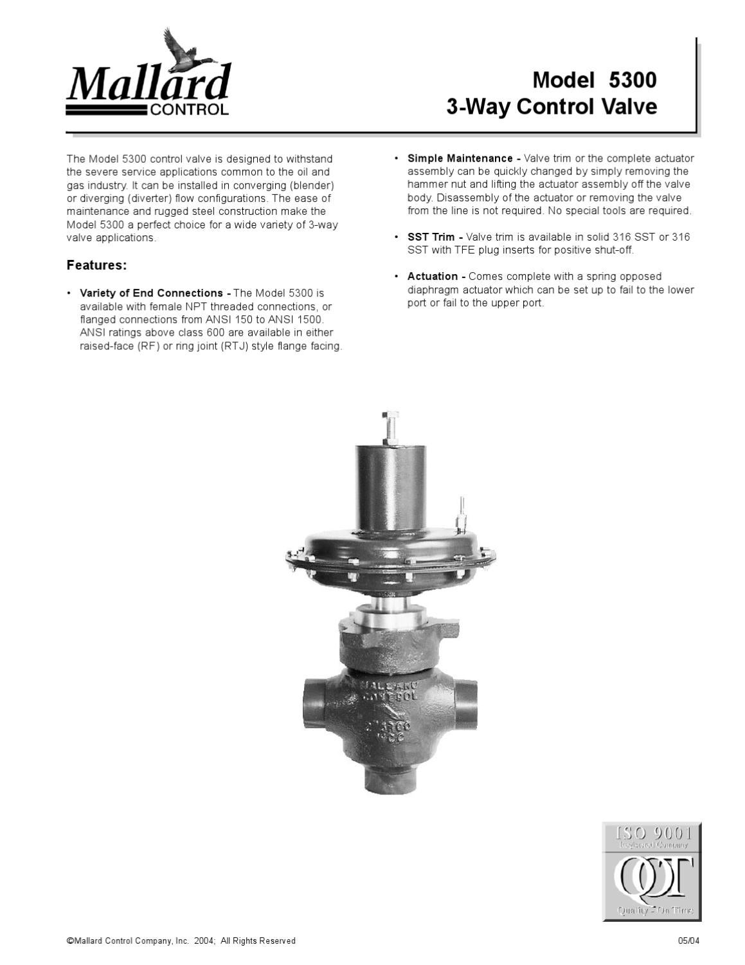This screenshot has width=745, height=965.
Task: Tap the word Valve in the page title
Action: coord(629,107)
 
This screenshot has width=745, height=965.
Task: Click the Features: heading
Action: coord(97,265)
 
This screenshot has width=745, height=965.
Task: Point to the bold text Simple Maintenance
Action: coord(460,158)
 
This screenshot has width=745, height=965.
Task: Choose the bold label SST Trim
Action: coord(431,237)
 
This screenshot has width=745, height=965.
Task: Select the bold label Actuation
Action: coord(432,277)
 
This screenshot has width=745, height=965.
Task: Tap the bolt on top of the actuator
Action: coord(390,425)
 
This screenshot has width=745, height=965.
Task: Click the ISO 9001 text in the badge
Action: coord(651,834)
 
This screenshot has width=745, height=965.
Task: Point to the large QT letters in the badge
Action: coord(651,876)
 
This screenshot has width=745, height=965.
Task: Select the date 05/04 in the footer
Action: coord(688,941)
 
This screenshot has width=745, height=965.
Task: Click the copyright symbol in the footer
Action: coord(69,941)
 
